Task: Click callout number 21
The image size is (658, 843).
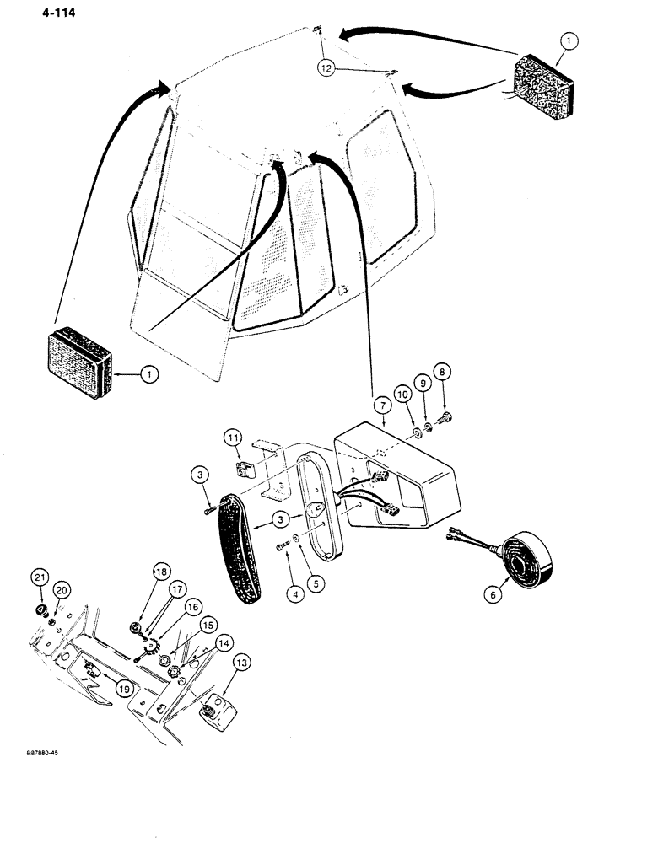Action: pyautogui.click(x=39, y=577)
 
